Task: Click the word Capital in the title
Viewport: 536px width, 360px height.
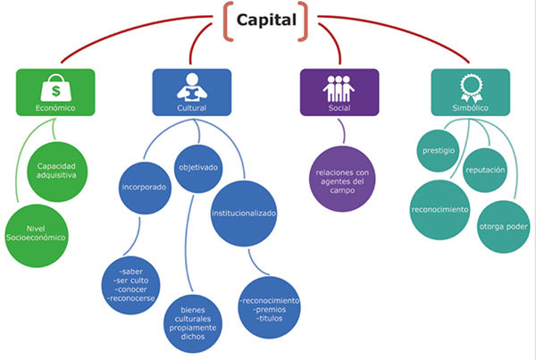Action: [x=266, y=20]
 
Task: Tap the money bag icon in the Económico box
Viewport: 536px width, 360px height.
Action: [x=55, y=88]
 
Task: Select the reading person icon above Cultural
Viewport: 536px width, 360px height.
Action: [x=192, y=88]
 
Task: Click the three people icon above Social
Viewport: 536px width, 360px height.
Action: [x=339, y=88]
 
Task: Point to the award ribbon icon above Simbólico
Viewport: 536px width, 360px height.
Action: [x=471, y=88]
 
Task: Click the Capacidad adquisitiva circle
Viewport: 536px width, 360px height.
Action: [x=57, y=172]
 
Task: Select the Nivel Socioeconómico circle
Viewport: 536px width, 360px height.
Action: [x=37, y=236]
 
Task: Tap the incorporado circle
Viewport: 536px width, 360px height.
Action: [x=145, y=188]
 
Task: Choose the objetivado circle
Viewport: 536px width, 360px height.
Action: [x=198, y=169]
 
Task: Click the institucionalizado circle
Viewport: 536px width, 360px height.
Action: [x=244, y=213]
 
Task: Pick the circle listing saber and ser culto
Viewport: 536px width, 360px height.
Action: [x=131, y=285]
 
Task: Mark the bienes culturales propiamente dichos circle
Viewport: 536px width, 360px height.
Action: [x=193, y=323]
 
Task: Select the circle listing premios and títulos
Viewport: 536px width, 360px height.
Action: [x=270, y=307]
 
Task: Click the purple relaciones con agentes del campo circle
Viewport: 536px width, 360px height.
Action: [x=342, y=179]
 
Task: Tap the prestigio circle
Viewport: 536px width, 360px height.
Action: [x=439, y=151]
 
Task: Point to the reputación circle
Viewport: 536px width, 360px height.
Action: [x=485, y=170]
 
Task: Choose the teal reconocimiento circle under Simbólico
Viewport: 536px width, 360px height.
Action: [x=440, y=210]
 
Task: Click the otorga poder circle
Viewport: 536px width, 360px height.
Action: [x=503, y=227]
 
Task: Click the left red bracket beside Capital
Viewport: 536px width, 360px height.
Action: [x=229, y=21]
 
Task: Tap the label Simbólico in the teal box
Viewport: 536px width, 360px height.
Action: [x=471, y=108]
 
